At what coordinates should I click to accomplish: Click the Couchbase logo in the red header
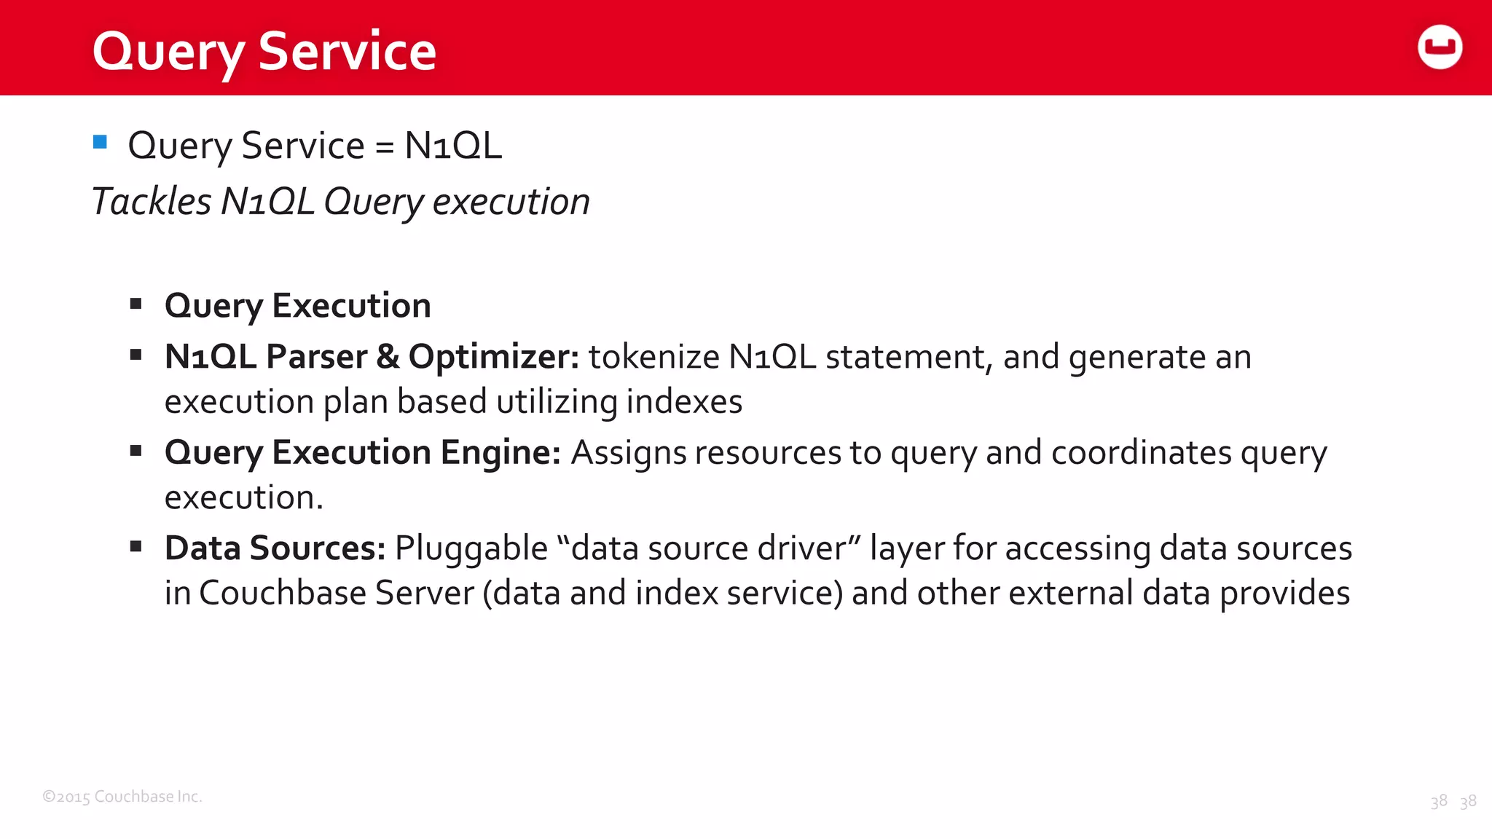point(1440,47)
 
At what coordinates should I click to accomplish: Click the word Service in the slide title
point(347,52)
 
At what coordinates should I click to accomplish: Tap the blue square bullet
point(101,142)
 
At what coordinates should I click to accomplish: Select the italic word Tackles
point(152,202)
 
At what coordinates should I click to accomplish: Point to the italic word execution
point(511,202)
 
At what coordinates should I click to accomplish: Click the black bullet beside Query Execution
point(136,304)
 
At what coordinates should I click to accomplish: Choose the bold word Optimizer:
point(493,357)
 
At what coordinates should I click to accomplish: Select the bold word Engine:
point(500,452)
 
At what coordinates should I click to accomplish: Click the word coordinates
point(1142,452)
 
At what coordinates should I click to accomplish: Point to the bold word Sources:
point(317,548)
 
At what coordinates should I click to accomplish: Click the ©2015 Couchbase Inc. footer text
point(122,797)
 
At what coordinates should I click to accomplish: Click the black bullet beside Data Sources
point(136,546)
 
